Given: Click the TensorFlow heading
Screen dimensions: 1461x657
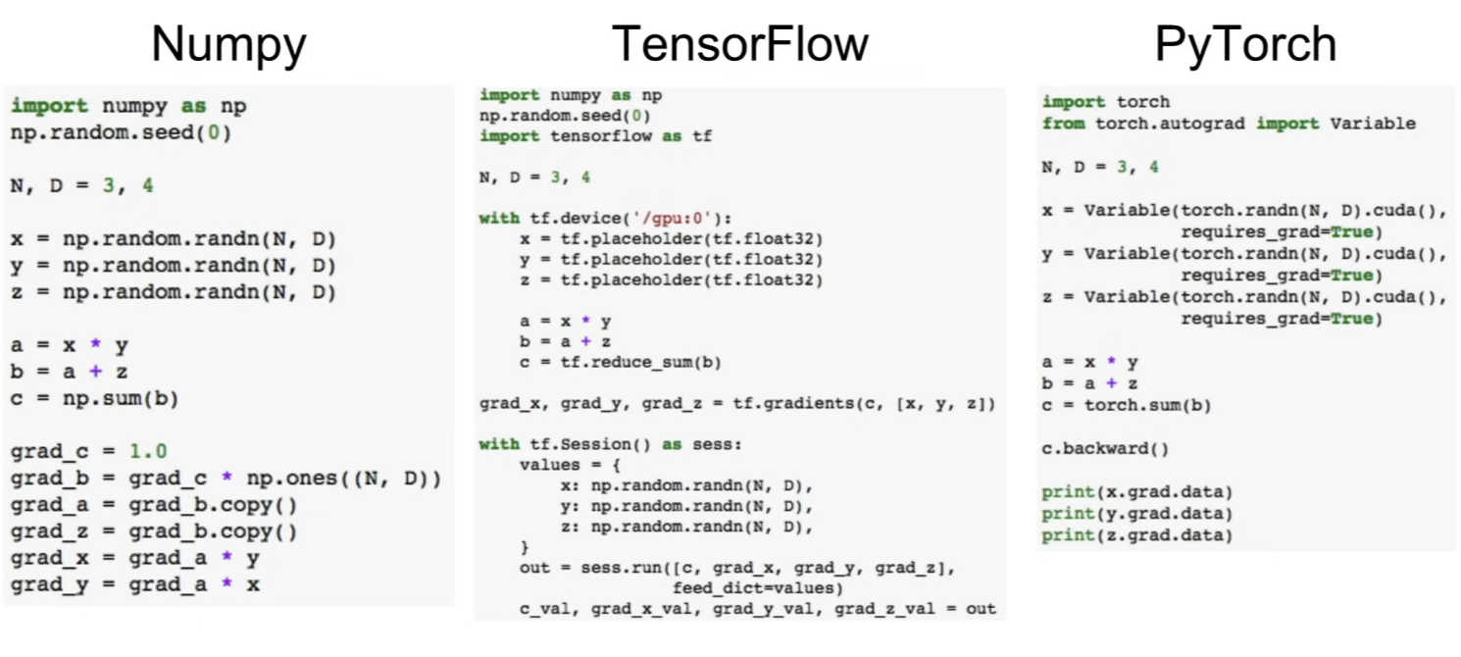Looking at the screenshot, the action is [x=739, y=44].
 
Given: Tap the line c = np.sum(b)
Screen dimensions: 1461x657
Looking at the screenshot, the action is [x=94, y=399].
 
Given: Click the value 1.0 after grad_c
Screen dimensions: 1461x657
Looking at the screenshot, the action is [x=148, y=451].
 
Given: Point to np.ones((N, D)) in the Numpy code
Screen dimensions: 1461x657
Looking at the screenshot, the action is [x=344, y=479].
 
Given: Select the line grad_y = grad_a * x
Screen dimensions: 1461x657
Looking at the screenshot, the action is [x=135, y=584].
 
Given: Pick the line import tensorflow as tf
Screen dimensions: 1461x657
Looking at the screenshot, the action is [x=595, y=135].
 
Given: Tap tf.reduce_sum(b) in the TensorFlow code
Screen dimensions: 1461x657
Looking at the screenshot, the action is [x=640, y=362].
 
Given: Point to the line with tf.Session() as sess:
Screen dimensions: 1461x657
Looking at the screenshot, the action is [x=611, y=444].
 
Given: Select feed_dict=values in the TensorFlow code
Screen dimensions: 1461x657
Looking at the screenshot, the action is [x=758, y=587].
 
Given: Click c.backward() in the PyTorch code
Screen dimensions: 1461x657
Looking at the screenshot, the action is [x=1105, y=449].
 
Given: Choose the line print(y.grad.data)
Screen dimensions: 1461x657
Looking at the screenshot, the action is [x=1137, y=514].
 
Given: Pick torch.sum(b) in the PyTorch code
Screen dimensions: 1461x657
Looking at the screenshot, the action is [x=1147, y=405].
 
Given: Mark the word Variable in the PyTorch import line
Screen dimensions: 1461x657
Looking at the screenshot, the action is [x=1373, y=124].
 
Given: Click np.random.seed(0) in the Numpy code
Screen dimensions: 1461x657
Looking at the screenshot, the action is [x=122, y=133].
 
